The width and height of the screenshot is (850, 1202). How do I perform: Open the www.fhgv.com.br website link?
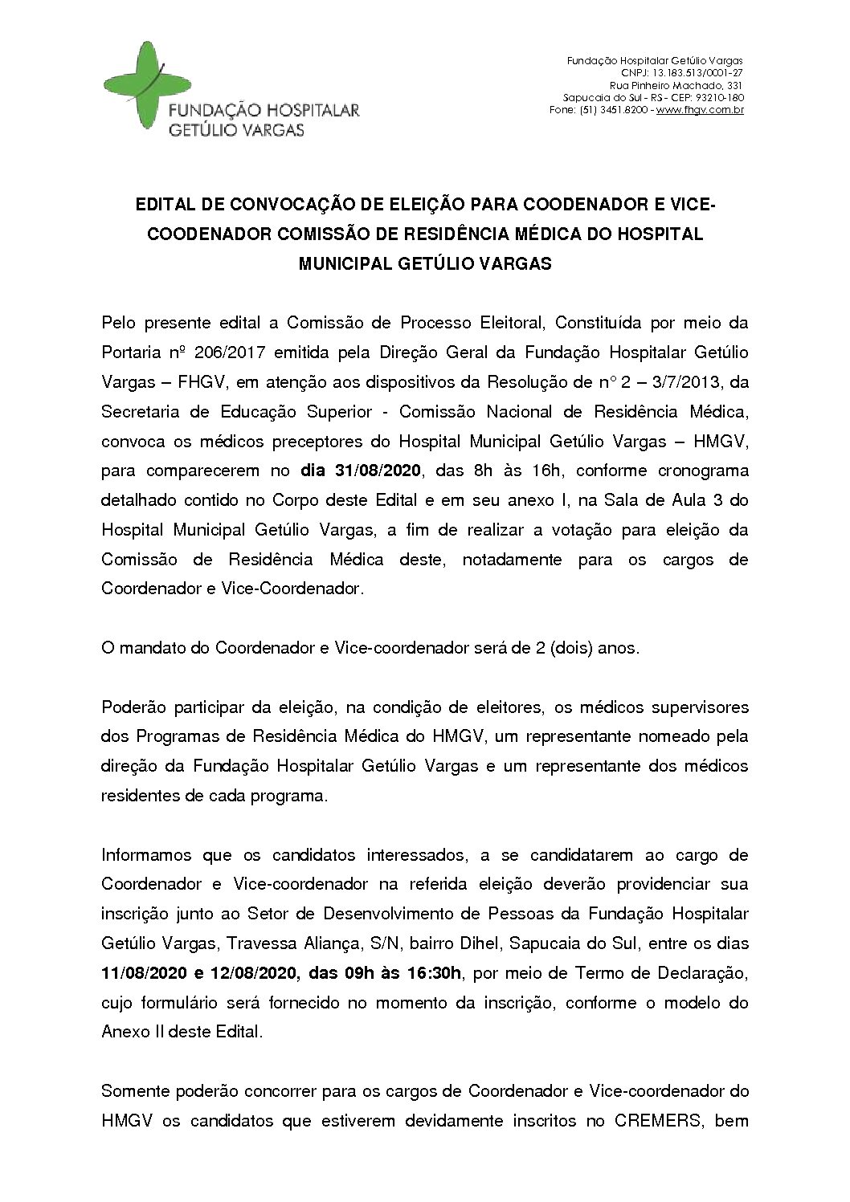click(x=700, y=109)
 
